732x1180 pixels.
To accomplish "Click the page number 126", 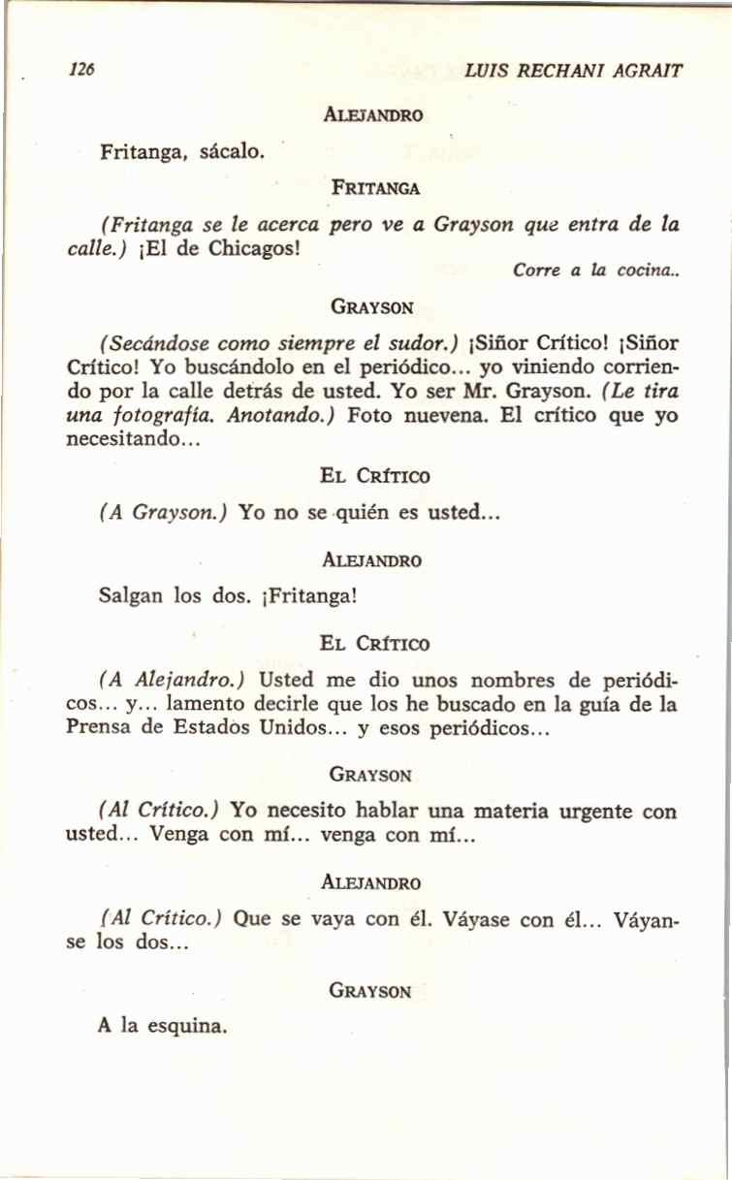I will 81,70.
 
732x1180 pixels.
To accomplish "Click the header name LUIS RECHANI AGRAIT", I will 574,71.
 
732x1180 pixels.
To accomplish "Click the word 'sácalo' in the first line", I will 231,151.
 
